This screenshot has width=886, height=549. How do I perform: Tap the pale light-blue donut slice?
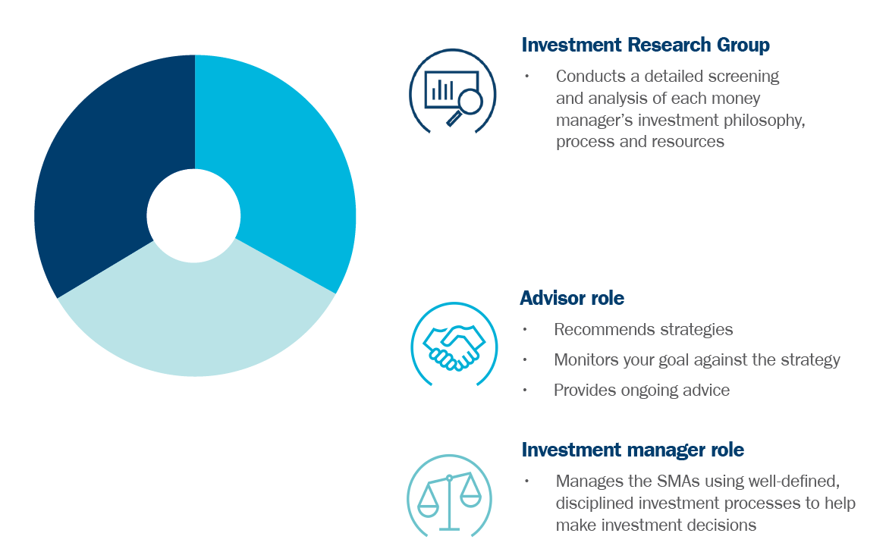coord(196,316)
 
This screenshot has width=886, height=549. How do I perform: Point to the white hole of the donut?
coord(194,216)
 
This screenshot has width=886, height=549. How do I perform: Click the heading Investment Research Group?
coord(646,45)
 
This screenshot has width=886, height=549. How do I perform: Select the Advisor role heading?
coord(572,298)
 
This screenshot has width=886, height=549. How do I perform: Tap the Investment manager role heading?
coord(633,450)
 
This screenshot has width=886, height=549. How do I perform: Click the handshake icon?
coord(454,347)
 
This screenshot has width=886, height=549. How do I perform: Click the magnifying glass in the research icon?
coord(466,106)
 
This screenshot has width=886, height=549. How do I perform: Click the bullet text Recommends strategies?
coord(643,329)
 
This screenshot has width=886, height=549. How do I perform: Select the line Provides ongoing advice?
coord(641,391)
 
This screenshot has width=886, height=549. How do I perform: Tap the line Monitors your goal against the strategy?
coord(696,359)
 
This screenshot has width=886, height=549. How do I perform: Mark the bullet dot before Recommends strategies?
coord(525,329)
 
